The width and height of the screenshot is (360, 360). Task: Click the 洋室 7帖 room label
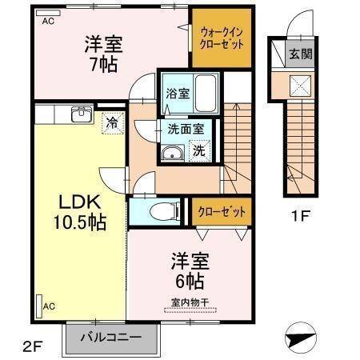(103, 54)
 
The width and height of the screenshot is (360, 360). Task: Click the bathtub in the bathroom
(206, 93)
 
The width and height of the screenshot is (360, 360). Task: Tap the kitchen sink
(81, 114)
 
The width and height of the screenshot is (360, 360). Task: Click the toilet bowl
(162, 212)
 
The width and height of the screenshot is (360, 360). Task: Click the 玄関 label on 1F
(301, 55)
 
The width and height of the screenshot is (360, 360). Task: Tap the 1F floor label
(299, 215)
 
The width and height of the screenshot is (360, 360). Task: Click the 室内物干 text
(190, 301)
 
